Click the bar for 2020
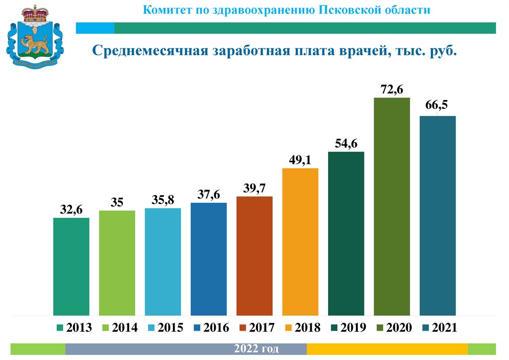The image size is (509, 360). tap(392, 206)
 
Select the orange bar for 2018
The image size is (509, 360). tap(300, 242)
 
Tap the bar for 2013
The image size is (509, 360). tap(71, 267)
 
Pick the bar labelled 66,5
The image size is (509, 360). tap(437, 216)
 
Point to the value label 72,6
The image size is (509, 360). tap(392, 90)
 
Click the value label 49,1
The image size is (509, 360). tap(300, 160)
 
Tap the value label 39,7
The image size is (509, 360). tap(254, 188)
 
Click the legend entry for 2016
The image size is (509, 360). tap(212, 328)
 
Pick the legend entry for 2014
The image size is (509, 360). tap(120, 328)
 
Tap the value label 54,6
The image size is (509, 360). tap(346, 143)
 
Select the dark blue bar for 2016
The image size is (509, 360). tap(209, 259)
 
